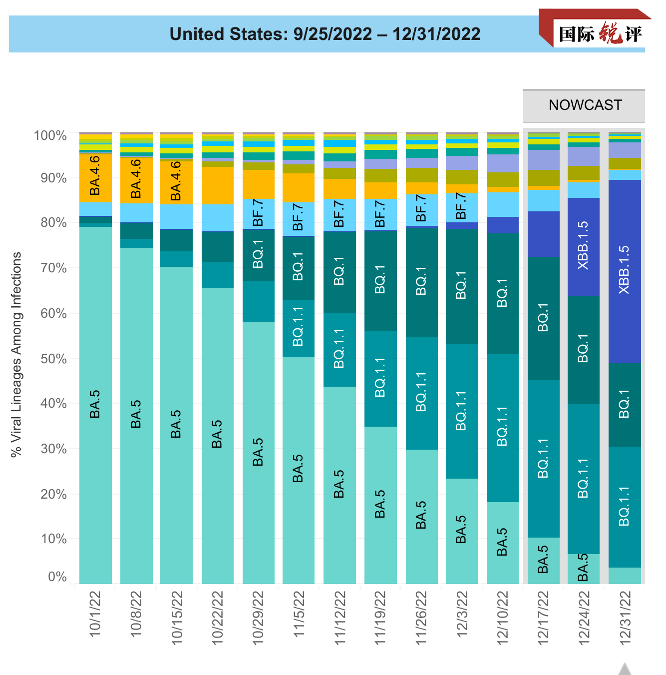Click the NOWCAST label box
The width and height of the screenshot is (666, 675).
[x=584, y=105]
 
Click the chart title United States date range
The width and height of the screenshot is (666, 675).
[x=325, y=34]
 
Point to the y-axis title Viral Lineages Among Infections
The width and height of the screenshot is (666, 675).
[x=16, y=355]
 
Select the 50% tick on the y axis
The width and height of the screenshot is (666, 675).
[x=53, y=359]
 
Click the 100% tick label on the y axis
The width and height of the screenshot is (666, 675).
[x=50, y=136]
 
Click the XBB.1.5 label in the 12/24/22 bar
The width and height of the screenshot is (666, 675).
[x=583, y=245]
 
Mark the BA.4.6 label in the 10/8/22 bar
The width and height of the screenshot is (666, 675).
[x=136, y=179]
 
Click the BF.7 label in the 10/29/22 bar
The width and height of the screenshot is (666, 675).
[x=258, y=212]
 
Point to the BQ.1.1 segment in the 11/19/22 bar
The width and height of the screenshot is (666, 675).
[x=380, y=378]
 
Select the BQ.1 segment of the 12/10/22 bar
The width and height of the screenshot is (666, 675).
[x=502, y=293]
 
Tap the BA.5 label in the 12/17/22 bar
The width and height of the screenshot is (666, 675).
[x=543, y=560]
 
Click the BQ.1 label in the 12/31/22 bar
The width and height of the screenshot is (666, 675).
[x=624, y=404]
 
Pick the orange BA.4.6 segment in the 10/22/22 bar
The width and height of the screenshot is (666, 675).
[x=217, y=185]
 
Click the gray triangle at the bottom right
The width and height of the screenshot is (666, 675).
[x=625, y=669]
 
